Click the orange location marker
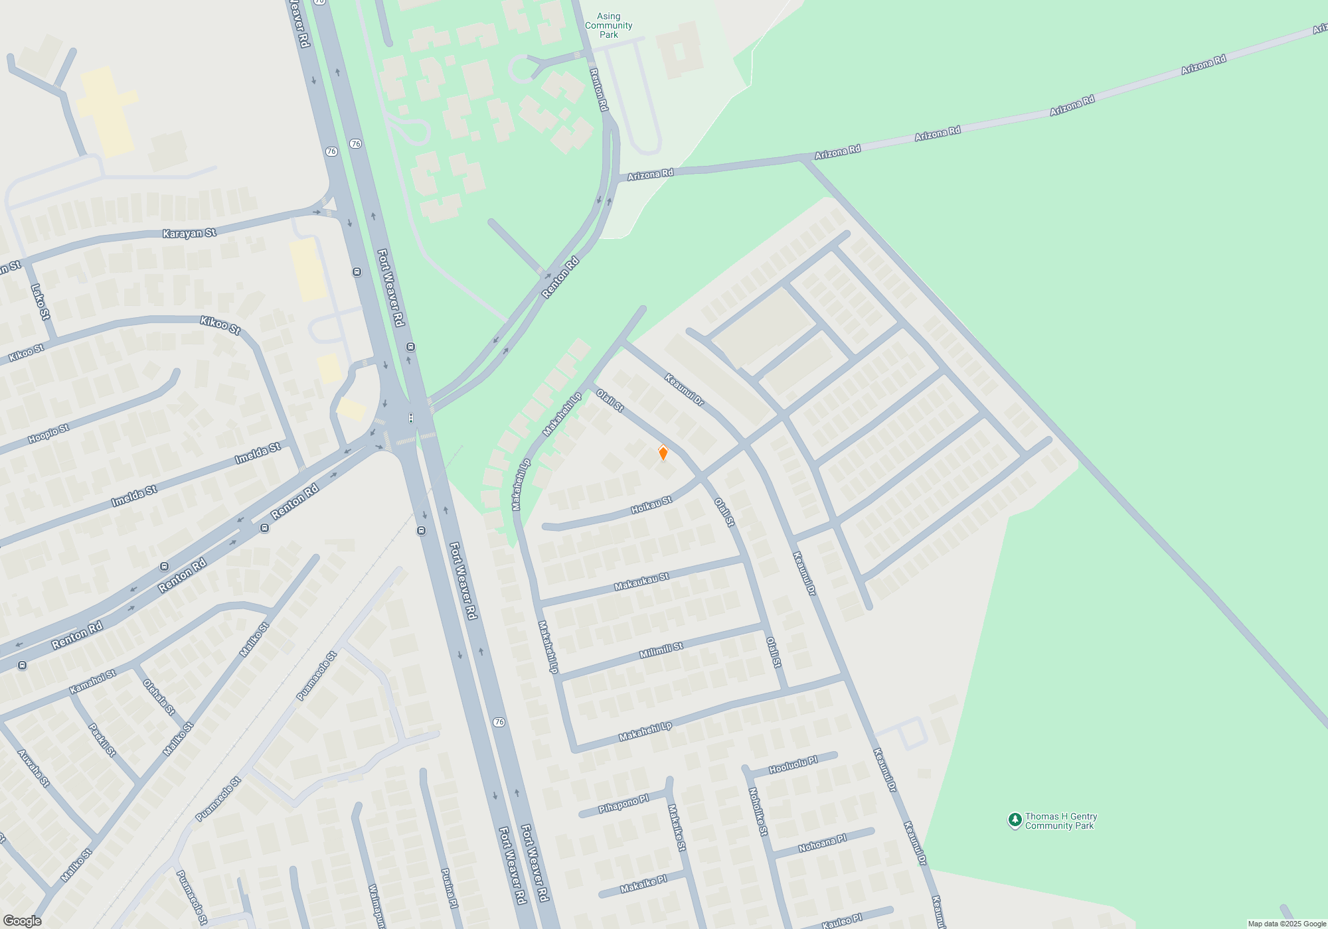coord(663,453)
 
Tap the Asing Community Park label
coord(608,26)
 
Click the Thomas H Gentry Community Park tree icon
coord(1015,820)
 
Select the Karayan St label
coord(189,233)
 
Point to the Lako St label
coord(41,302)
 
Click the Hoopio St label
coord(48,434)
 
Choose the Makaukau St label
coord(641,582)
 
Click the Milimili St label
coord(661,650)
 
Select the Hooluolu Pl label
coord(793,764)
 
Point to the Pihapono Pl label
coord(623,804)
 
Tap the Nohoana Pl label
coord(822,843)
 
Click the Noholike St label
coord(758,812)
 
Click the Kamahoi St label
coord(93,681)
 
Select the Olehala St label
coord(159,697)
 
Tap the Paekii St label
coord(102,739)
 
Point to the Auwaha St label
coord(33,768)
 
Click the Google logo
coord(22,921)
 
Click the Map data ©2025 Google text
coord(1287,924)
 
